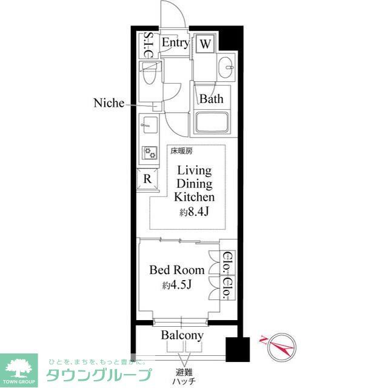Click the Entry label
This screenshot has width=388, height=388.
pyautogui.click(x=175, y=43)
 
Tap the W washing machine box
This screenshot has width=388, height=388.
pyautogui.click(x=206, y=44)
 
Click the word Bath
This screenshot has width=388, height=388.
pyautogui.click(x=212, y=99)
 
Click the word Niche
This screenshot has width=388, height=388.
pyautogui.click(x=108, y=103)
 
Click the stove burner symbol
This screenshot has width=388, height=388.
pyautogui.click(x=149, y=152)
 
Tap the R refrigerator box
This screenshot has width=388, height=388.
pyautogui.click(x=147, y=179)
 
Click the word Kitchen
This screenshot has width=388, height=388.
pyautogui.click(x=194, y=198)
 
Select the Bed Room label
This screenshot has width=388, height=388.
pyautogui.click(x=177, y=270)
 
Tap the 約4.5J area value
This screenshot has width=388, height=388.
pyautogui.click(x=177, y=286)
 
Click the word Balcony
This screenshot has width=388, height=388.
pyautogui.click(x=182, y=335)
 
